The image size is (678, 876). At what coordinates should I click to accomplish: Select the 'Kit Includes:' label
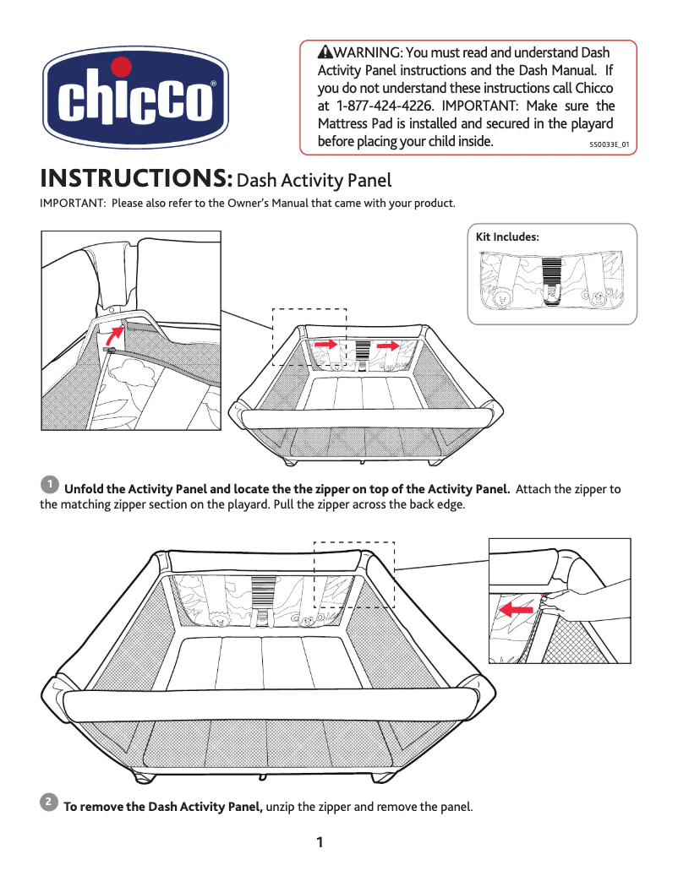(x=507, y=237)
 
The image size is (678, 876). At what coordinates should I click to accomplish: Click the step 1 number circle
(x=50, y=485)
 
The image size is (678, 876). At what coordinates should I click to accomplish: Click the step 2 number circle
(x=50, y=800)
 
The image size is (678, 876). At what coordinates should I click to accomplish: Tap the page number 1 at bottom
(x=320, y=842)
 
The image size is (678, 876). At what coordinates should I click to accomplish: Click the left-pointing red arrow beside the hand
(x=515, y=608)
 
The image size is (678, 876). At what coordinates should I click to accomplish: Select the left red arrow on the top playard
(x=325, y=345)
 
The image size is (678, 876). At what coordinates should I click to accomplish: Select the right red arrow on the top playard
(x=388, y=345)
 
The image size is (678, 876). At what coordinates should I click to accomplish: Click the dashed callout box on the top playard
(x=309, y=336)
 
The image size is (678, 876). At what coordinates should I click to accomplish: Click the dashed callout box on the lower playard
(x=354, y=574)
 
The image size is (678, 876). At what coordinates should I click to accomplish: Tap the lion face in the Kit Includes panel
(x=501, y=297)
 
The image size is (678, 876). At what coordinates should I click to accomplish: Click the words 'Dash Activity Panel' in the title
(x=314, y=181)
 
